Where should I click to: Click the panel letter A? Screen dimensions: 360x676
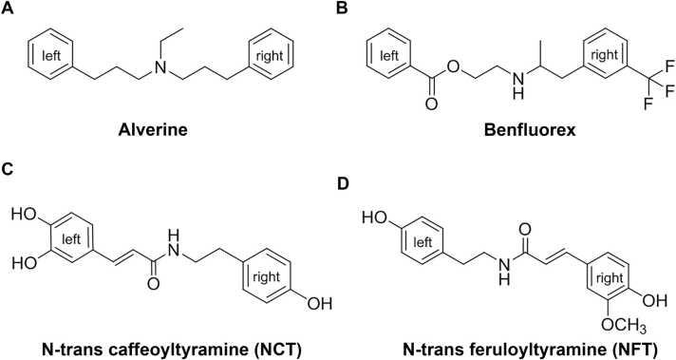pyautogui.click(x=10, y=11)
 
